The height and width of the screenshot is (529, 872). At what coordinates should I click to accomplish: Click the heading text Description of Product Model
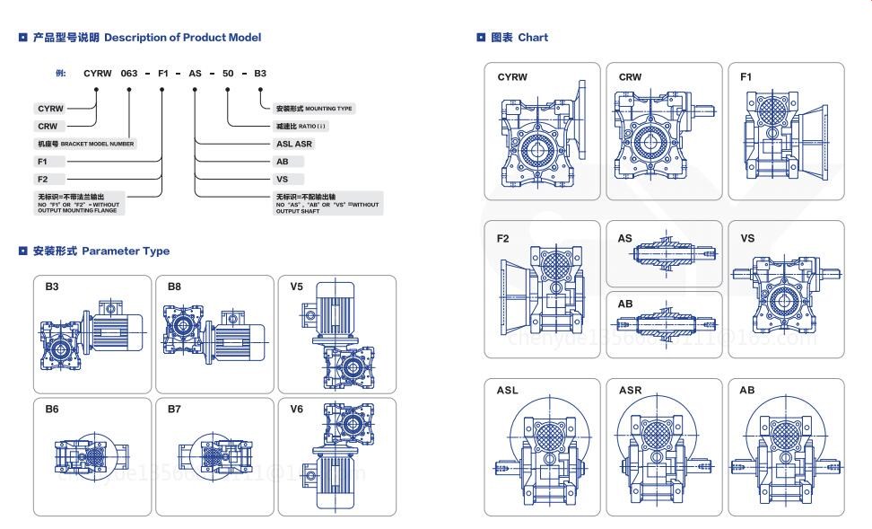[x=182, y=38]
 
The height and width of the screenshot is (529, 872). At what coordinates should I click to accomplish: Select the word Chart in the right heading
[x=533, y=38]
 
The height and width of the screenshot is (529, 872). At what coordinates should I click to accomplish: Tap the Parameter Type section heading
[x=126, y=251]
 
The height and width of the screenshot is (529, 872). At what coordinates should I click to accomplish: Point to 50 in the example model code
[x=229, y=74]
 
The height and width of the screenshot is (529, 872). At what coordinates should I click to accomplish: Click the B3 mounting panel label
[x=53, y=287]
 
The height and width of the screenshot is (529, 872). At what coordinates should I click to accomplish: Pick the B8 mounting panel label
[x=175, y=287]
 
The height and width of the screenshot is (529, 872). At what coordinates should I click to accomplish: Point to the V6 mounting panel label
[x=297, y=409]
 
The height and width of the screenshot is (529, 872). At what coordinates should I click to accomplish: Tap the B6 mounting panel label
[x=53, y=409]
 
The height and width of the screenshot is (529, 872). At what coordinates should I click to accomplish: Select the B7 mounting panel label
[x=175, y=409]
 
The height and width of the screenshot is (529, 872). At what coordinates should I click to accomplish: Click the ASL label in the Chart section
[x=508, y=391]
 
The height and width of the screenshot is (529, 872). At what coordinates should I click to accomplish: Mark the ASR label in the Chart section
[x=630, y=391]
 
